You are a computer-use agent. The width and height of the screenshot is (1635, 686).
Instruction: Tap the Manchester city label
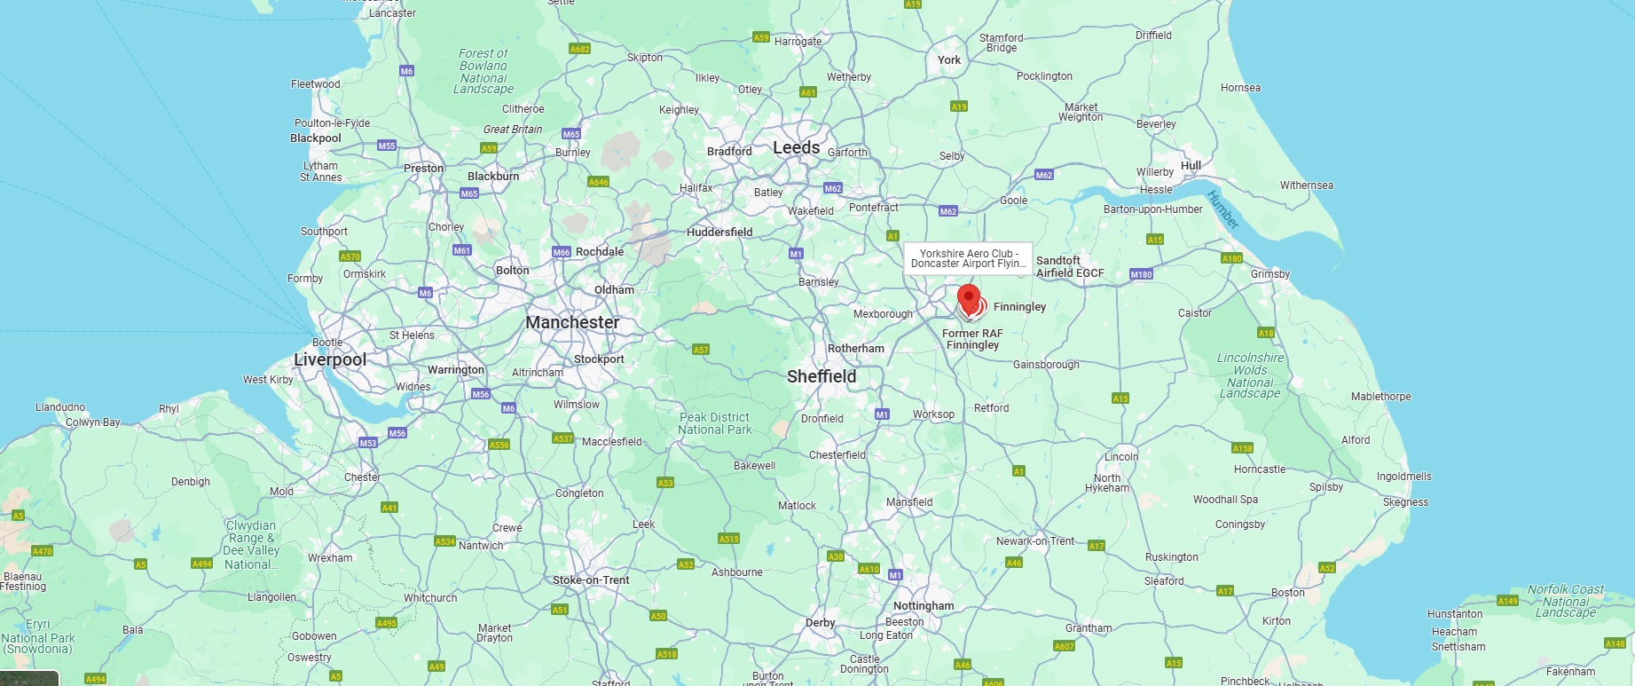click(572, 323)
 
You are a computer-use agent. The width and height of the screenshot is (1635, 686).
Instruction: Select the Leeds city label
click(796, 148)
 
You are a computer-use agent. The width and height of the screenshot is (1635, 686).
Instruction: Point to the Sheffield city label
click(821, 377)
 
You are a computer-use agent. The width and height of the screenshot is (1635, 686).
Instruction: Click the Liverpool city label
click(330, 359)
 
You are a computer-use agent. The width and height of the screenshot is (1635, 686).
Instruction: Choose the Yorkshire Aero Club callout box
click(968, 258)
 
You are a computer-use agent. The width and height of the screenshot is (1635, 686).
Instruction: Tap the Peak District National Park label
click(715, 424)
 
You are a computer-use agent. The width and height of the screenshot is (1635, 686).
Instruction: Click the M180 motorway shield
click(1141, 274)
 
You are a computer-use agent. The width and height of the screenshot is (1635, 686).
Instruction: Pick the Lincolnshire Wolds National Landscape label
click(1250, 375)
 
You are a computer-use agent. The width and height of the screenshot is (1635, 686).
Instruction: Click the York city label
click(949, 60)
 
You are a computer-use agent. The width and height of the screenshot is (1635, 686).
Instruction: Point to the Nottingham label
click(924, 606)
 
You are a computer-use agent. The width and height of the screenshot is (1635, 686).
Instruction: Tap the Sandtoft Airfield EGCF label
click(1070, 267)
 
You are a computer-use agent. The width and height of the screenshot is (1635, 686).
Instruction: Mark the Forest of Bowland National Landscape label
click(483, 71)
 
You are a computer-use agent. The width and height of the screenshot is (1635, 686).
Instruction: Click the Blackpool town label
click(316, 138)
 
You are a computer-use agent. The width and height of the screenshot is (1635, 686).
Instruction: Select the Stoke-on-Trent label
click(591, 580)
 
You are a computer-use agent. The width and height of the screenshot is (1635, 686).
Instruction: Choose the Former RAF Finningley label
click(972, 340)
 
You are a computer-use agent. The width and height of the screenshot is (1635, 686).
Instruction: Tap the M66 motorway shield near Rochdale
click(562, 252)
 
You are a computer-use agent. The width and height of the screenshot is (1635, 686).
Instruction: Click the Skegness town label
click(1405, 502)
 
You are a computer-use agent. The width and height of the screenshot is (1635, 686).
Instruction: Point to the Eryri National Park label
click(38, 636)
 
